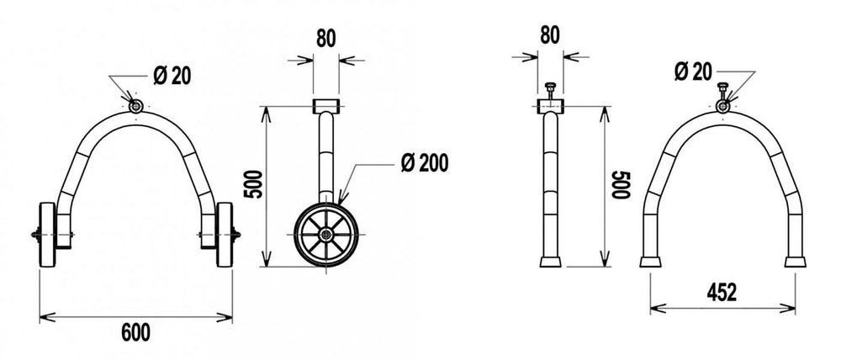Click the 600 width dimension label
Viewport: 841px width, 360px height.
click(x=135, y=333)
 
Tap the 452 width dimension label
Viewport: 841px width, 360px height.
click(x=722, y=293)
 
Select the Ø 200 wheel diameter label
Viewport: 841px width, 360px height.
click(x=424, y=163)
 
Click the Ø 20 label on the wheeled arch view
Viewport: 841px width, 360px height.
click(x=172, y=77)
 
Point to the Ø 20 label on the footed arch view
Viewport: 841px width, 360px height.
click(x=693, y=71)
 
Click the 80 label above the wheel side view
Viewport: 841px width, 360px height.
click(x=325, y=39)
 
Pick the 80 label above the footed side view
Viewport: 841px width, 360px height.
click(x=550, y=34)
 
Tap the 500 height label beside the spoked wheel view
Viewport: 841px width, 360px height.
click(x=255, y=184)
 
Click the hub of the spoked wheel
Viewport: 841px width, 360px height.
click(x=326, y=235)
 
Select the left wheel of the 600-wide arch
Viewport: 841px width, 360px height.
click(x=47, y=235)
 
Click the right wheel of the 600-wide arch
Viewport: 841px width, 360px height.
click(x=225, y=235)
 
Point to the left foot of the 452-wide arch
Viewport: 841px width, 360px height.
click(x=650, y=262)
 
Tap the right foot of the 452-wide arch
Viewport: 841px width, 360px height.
click(x=795, y=262)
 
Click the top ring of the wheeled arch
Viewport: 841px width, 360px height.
click(x=135, y=106)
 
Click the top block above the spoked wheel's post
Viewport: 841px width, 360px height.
click(x=325, y=106)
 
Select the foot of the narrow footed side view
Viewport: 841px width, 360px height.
click(x=550, y=262)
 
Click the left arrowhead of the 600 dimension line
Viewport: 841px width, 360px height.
click(x=47, y=317)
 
